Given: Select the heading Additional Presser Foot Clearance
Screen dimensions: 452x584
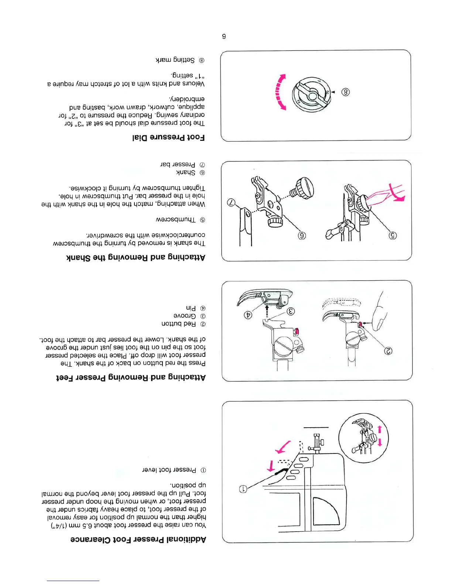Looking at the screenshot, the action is pyautogui.click(x=138, y=539).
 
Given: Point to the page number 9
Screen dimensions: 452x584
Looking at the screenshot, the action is pyautogui.click(x=224, y=36).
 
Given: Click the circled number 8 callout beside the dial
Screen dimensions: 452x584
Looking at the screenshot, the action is pyautogui.click(x=345, y=92).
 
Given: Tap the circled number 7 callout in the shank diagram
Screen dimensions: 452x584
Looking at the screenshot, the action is pyautogui.click(x=231, y=202).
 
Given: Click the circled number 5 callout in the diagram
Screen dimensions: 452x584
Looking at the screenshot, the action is pyautogui.click(x=393, y=235).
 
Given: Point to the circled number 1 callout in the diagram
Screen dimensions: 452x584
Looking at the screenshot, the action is pyautogui.click(x=243, y=489).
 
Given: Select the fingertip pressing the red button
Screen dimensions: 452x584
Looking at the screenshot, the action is pyautogui.click(x=379, y=318).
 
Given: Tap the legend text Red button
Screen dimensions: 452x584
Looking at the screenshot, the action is pyautogui.click(x=179, y=324).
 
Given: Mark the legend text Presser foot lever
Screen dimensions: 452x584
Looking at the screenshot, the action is pyautogui.click(x=169, y=470).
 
